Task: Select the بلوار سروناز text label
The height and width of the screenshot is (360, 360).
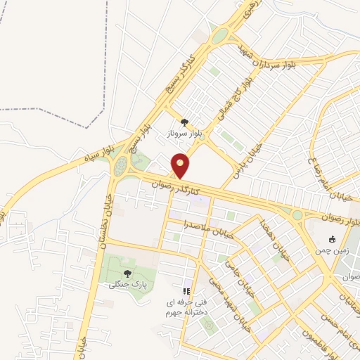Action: click(184, 132)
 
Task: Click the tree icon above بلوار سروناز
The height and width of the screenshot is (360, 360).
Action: click(184, 122)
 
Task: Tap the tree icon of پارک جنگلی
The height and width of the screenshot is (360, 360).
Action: click(127, 274)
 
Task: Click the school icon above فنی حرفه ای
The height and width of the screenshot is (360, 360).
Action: click(186, 290)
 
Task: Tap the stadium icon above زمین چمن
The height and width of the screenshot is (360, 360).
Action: click(332, 238)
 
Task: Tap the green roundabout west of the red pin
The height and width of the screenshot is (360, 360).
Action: click(121, 167)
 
